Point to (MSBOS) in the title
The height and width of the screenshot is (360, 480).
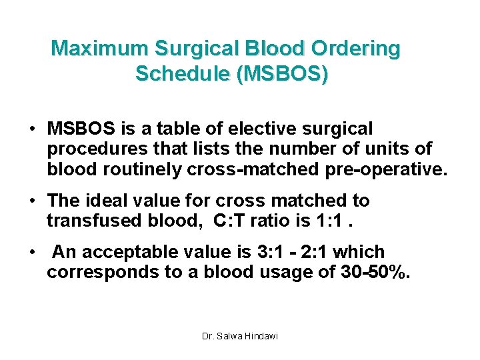pyautogui.click(x=280, y=74)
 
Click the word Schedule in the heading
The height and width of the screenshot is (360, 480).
pyautogui.click(x=181, y=74)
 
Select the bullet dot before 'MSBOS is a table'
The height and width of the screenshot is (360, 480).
pyautogui.click(x=31, y=129)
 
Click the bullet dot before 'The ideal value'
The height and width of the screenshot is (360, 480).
pyautogui.click(x=31, y=201)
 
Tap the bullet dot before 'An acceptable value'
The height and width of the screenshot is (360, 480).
pyautogui.click(x=31, y=252)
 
